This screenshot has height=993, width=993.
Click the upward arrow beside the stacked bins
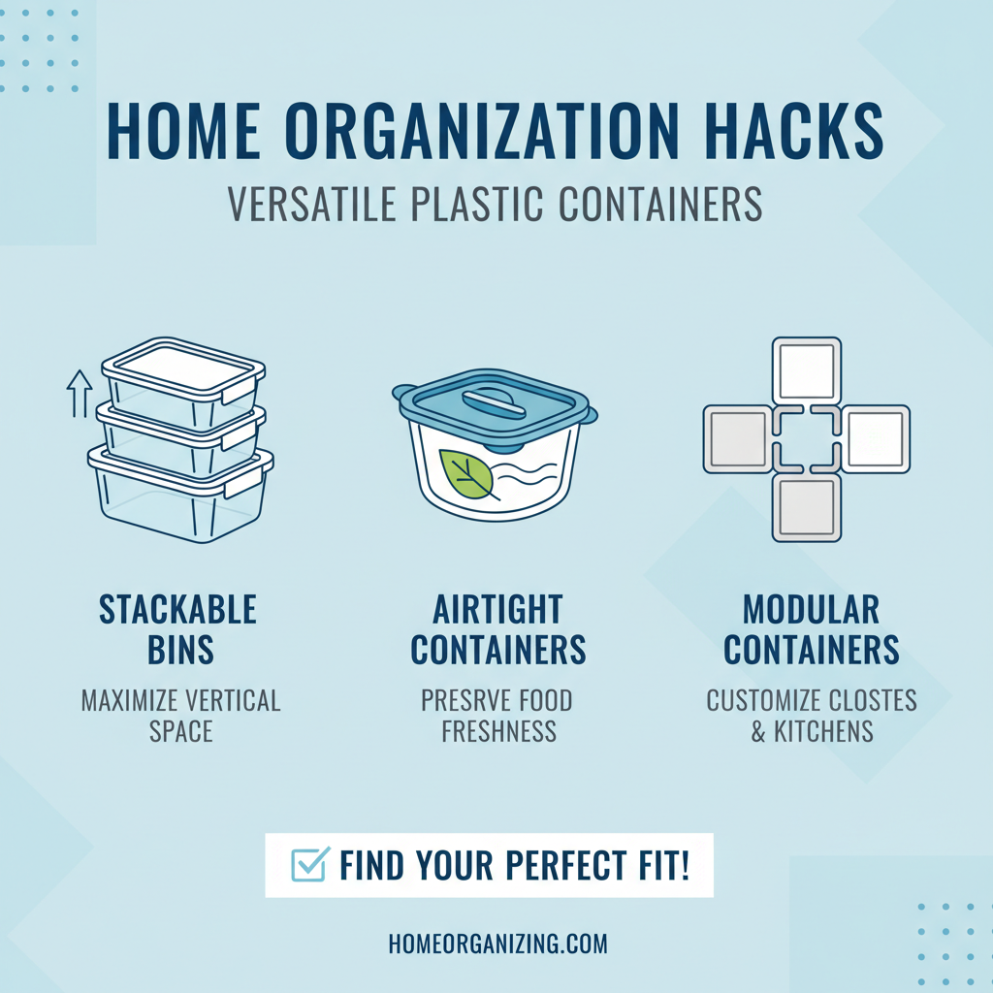[x=78, y=392]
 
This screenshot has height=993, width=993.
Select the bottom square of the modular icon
[x=807, y=507]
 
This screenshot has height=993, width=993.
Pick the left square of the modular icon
[x=739, y=439]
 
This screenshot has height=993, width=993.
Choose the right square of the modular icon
[x=875, y=439]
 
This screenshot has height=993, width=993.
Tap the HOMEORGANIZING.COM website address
[x=496, y=944]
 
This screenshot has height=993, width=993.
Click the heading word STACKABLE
[x=177, y=610]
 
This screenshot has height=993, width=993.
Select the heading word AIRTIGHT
[x=497, y=610]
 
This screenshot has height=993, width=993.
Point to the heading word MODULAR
[x=811, y=610]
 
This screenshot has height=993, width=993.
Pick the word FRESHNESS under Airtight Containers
[x=498, y=731]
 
